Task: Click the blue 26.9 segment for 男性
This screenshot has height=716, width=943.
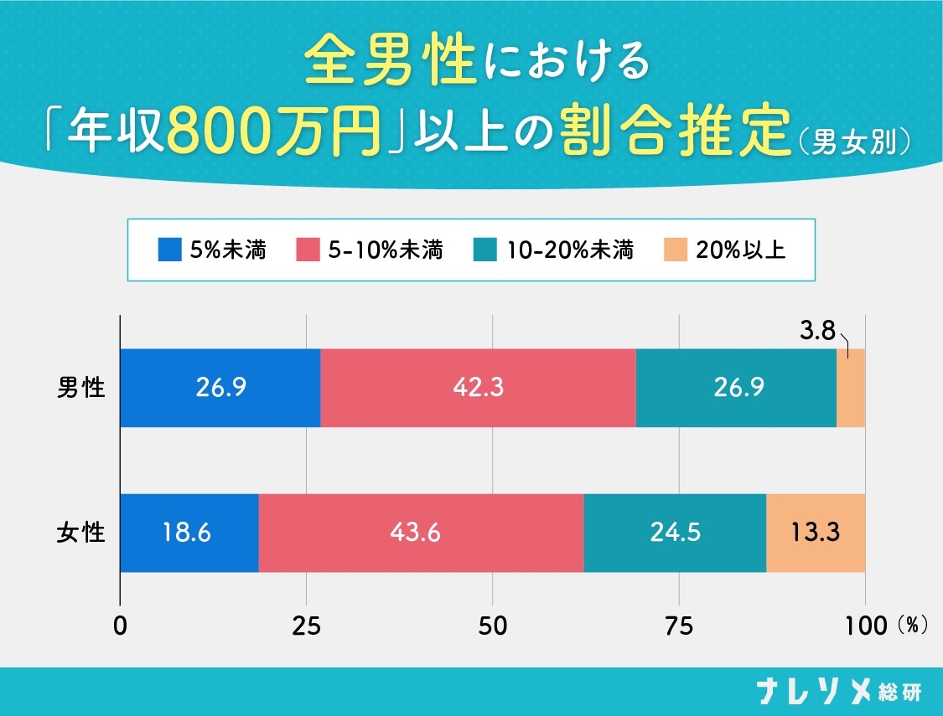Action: tap(220, 388)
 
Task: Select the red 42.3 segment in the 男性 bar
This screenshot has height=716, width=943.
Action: tap(478, 388)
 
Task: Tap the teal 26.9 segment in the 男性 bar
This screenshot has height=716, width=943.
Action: tap(736, 388)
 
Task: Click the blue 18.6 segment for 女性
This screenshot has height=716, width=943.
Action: tap(189, 533)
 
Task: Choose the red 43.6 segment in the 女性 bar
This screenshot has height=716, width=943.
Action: tap(421, 533)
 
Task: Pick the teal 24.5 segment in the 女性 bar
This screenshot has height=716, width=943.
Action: tap(675, 533)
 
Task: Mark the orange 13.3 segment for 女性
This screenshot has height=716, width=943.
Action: tap(816, 533)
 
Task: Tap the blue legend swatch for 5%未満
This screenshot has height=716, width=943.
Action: tap(169, 250)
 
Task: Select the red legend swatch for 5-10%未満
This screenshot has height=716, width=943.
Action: tap(308, 250)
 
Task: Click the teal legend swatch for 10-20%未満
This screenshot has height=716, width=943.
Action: tap(484, 250)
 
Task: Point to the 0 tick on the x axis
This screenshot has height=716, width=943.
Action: tap(121, 626)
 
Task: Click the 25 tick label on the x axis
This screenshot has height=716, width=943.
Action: tap(307, 626)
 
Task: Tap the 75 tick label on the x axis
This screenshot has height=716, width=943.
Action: tap(679, 626)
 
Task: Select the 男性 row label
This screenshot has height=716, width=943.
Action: tap(81, 388)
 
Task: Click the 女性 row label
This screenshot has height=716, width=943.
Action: tap(81, 533)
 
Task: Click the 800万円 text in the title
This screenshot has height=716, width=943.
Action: tap(273, 131)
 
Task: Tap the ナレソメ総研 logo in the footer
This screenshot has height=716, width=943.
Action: tap(837, 692)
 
